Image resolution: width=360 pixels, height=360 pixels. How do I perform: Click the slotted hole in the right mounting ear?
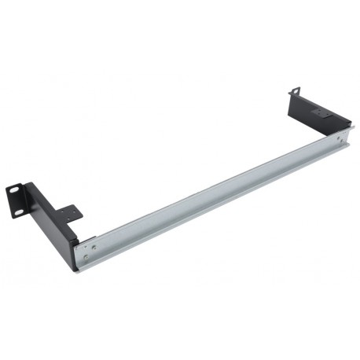(x=297, y=92)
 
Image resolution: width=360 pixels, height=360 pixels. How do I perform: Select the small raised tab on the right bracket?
(x=321, y=112)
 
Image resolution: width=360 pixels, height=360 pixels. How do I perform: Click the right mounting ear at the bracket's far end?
(x=296, y=95)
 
